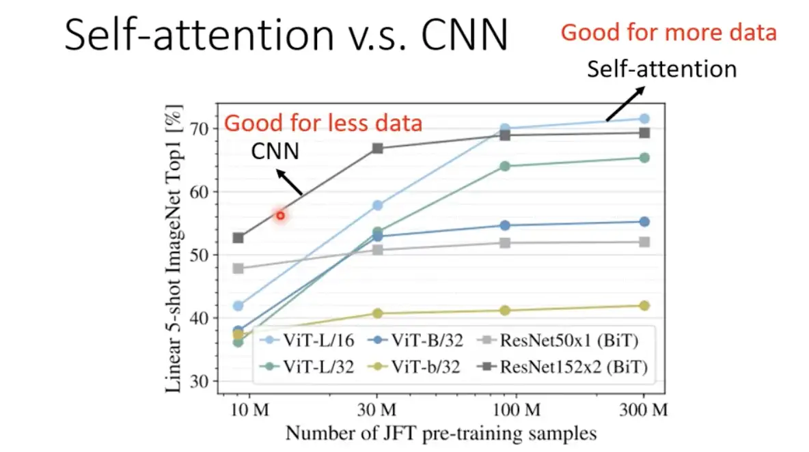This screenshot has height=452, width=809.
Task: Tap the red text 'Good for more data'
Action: coord(668,32)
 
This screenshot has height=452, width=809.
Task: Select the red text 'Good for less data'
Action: coord(323,124)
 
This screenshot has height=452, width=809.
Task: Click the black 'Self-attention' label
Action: coord(662,69)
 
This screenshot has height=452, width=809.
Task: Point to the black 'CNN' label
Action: coord(273,150)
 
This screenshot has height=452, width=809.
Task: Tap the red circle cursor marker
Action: coord(280,216)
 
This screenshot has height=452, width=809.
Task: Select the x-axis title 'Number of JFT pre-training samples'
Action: coord(441,434)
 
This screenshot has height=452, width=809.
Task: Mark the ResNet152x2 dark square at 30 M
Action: coord(377,148)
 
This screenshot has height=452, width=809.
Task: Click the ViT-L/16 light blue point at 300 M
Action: coord(644,119)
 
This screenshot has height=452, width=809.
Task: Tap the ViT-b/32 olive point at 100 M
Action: coord(506,310)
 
